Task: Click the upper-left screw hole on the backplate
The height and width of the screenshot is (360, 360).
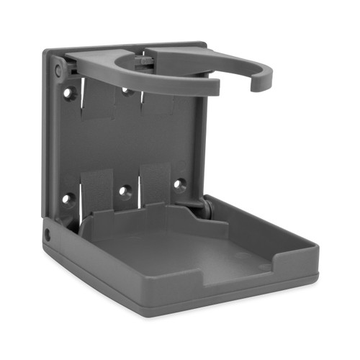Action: (x=69, y=93)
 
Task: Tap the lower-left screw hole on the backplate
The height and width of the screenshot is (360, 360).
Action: (x=68, y=198)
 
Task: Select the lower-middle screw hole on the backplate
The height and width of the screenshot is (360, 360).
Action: (x=125, y=192)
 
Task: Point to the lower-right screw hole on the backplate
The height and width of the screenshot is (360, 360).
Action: (x=179, y=184)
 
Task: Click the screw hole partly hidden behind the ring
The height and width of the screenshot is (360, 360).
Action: (x=127, y=91)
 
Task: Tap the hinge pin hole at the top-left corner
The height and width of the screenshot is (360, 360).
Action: (x=58, y=70)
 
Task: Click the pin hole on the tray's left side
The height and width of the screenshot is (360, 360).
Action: (x=48, y=235)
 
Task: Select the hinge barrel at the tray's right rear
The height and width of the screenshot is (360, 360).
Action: (x=206, y=207)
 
